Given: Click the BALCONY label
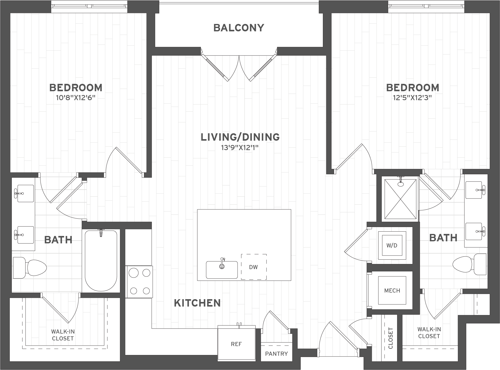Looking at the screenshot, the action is pyautogui.click(x=239, y=28).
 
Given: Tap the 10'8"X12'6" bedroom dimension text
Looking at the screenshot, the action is pyautogui.click(x=76, y=98).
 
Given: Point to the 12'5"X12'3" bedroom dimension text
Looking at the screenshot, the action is pyautogui.click(x=413, y=98).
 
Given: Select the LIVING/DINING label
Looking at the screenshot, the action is pyautogui.click(x=240, y=137).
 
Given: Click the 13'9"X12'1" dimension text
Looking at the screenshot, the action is pyautogui.click(x=240, y=148).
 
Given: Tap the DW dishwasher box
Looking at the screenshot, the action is pyautogui.click(x=254, y=267).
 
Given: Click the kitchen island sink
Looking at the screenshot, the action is pyautogui.click(x=222, y=270).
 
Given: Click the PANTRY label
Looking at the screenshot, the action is pyautogui.click(x=277, y=354).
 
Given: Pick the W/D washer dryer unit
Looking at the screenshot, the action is pyautogui.click(x=392, y=245).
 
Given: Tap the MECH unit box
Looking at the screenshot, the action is pyautogui.click(x=392, y=290).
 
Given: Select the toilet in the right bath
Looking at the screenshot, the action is pyautogui.click(x=469, y=264).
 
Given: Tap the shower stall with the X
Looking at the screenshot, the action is pyautogui.click(x=400, y=199).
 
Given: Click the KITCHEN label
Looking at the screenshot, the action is pyautogui.click(x=197, y=303).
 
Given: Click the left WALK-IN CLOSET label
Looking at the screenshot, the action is pyautogui.click(x=63, y=335).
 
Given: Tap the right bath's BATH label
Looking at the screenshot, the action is pyautogui.click(x=443, y=238).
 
